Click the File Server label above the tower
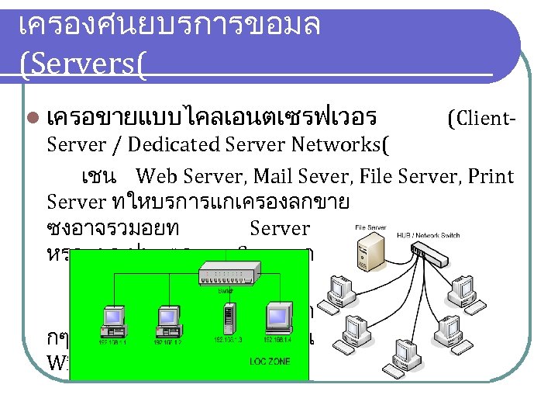(371, 227)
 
